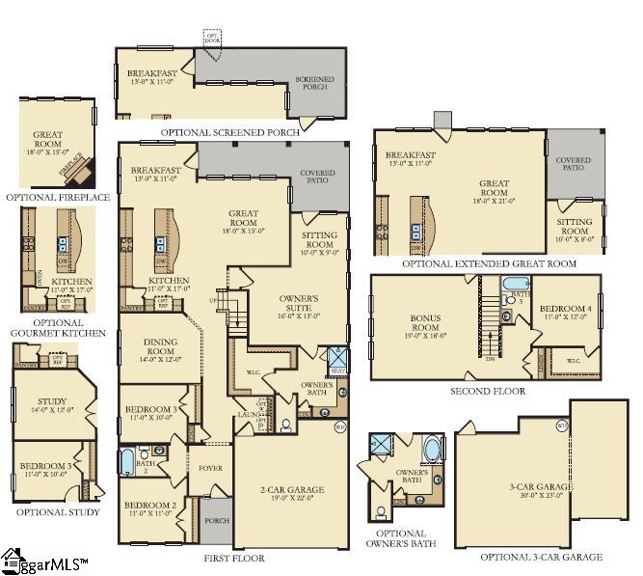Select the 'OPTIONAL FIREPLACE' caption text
click(x=58, y=197)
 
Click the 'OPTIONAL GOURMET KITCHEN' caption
click(x=58, y=329)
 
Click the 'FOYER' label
click(x=210, y=469)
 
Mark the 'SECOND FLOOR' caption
click(x=487, y=391)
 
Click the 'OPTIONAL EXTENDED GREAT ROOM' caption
click(x=489, y=263)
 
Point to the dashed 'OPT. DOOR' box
click(x=211, y=37)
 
